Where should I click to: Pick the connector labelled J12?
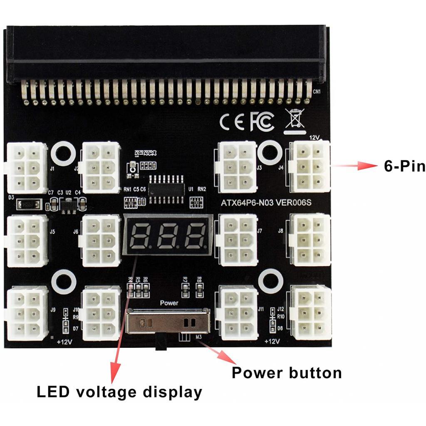[x=312, y=312]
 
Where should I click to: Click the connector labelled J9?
[x=27, y=312]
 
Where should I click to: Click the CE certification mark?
[x=232, y=121]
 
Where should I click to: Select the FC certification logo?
[x=262, y=121]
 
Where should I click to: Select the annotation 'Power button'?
[x=287, y=372]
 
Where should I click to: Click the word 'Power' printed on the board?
[x=169, y=303]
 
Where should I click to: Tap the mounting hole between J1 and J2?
[x=63, y=153]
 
